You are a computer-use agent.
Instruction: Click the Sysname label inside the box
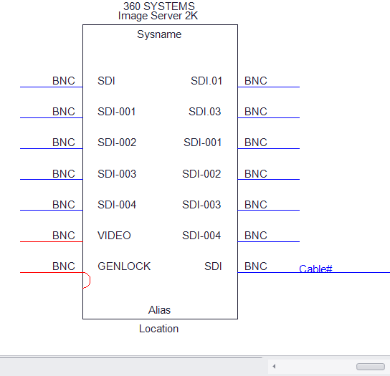point(159,34)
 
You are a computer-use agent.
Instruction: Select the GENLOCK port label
point(124,266)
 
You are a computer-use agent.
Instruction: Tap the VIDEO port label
point(114,236)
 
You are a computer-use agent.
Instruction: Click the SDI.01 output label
point(206,81)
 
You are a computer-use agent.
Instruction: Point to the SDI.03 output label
point(205,112)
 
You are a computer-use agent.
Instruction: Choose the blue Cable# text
point(315,269)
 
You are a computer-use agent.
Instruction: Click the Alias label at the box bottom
point(159,310)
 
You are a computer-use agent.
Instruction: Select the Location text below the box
point(158,329)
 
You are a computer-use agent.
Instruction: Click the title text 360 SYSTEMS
point(159,6)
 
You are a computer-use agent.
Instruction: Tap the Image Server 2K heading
point(158,16)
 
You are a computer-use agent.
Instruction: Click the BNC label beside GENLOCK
point(64,266)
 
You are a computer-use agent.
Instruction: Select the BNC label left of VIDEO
point(64,236)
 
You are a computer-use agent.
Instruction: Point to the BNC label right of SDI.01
point(256,81)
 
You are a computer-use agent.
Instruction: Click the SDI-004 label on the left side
point(117,205)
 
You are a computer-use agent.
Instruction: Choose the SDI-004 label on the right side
point(201,236)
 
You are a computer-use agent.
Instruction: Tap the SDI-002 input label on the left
point(117,143)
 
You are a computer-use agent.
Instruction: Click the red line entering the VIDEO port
point(51,241)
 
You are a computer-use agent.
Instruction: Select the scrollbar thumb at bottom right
point(371,367)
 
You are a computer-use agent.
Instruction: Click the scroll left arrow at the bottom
point(274,366)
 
